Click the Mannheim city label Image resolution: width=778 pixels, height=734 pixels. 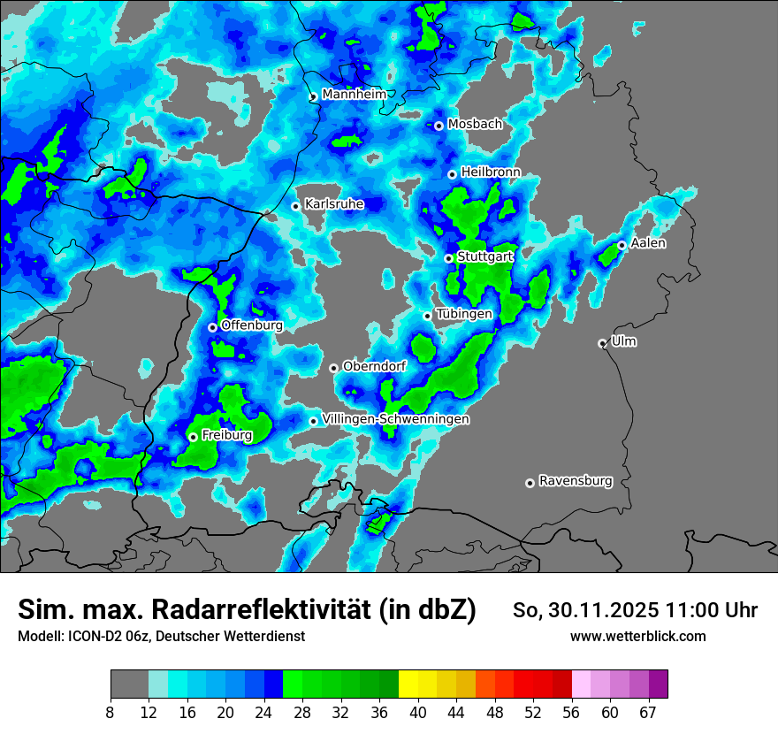pos(355,95)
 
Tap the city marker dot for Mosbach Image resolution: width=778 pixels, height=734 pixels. pos(439,126)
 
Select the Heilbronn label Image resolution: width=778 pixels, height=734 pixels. pos(491,172)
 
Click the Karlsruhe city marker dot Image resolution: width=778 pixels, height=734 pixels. pos(296,206)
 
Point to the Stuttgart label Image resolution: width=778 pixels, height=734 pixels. pos(485,257)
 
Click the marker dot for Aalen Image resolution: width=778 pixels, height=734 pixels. pos(622,245)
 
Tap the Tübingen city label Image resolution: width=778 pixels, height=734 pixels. pos(464,314)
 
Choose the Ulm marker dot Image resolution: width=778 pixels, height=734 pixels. pos(602,343)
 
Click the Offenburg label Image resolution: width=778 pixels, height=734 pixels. pos(252,325)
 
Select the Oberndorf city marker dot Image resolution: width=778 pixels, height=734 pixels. pos(333,368)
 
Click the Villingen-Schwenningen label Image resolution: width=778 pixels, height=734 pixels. pos(396,419)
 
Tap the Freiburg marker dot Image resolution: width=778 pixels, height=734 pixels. pos(193,437)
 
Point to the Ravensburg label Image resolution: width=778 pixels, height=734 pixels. pos(576,481)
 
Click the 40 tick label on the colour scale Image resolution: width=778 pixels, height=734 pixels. pos(417,713)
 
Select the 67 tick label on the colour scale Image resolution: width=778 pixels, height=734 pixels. pos(649,713)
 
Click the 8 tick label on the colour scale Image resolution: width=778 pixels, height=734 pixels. pos(111,713)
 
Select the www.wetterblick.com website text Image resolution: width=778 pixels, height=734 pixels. pos(638,636)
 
